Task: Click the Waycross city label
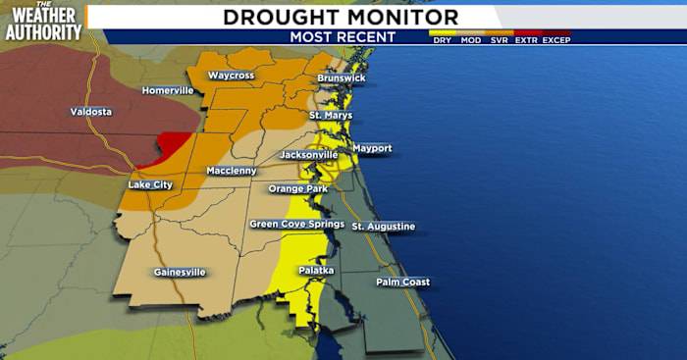[x=231, y=76]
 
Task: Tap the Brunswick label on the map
[x=341, y=77]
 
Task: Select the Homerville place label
[x=168, y=90]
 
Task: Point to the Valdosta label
[x=91, y=112]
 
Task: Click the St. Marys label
[x=331, y=116]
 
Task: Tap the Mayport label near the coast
[x=372, y=148]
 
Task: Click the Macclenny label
[x=232, y=172]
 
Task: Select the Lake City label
[x=150, y=184]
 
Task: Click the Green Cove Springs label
[x=296, y=224]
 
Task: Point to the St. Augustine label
[x=384, y=227]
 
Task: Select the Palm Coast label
[x=402, y=283]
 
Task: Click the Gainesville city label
[x=180, y=272]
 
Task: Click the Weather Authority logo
[x=43, y=22]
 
